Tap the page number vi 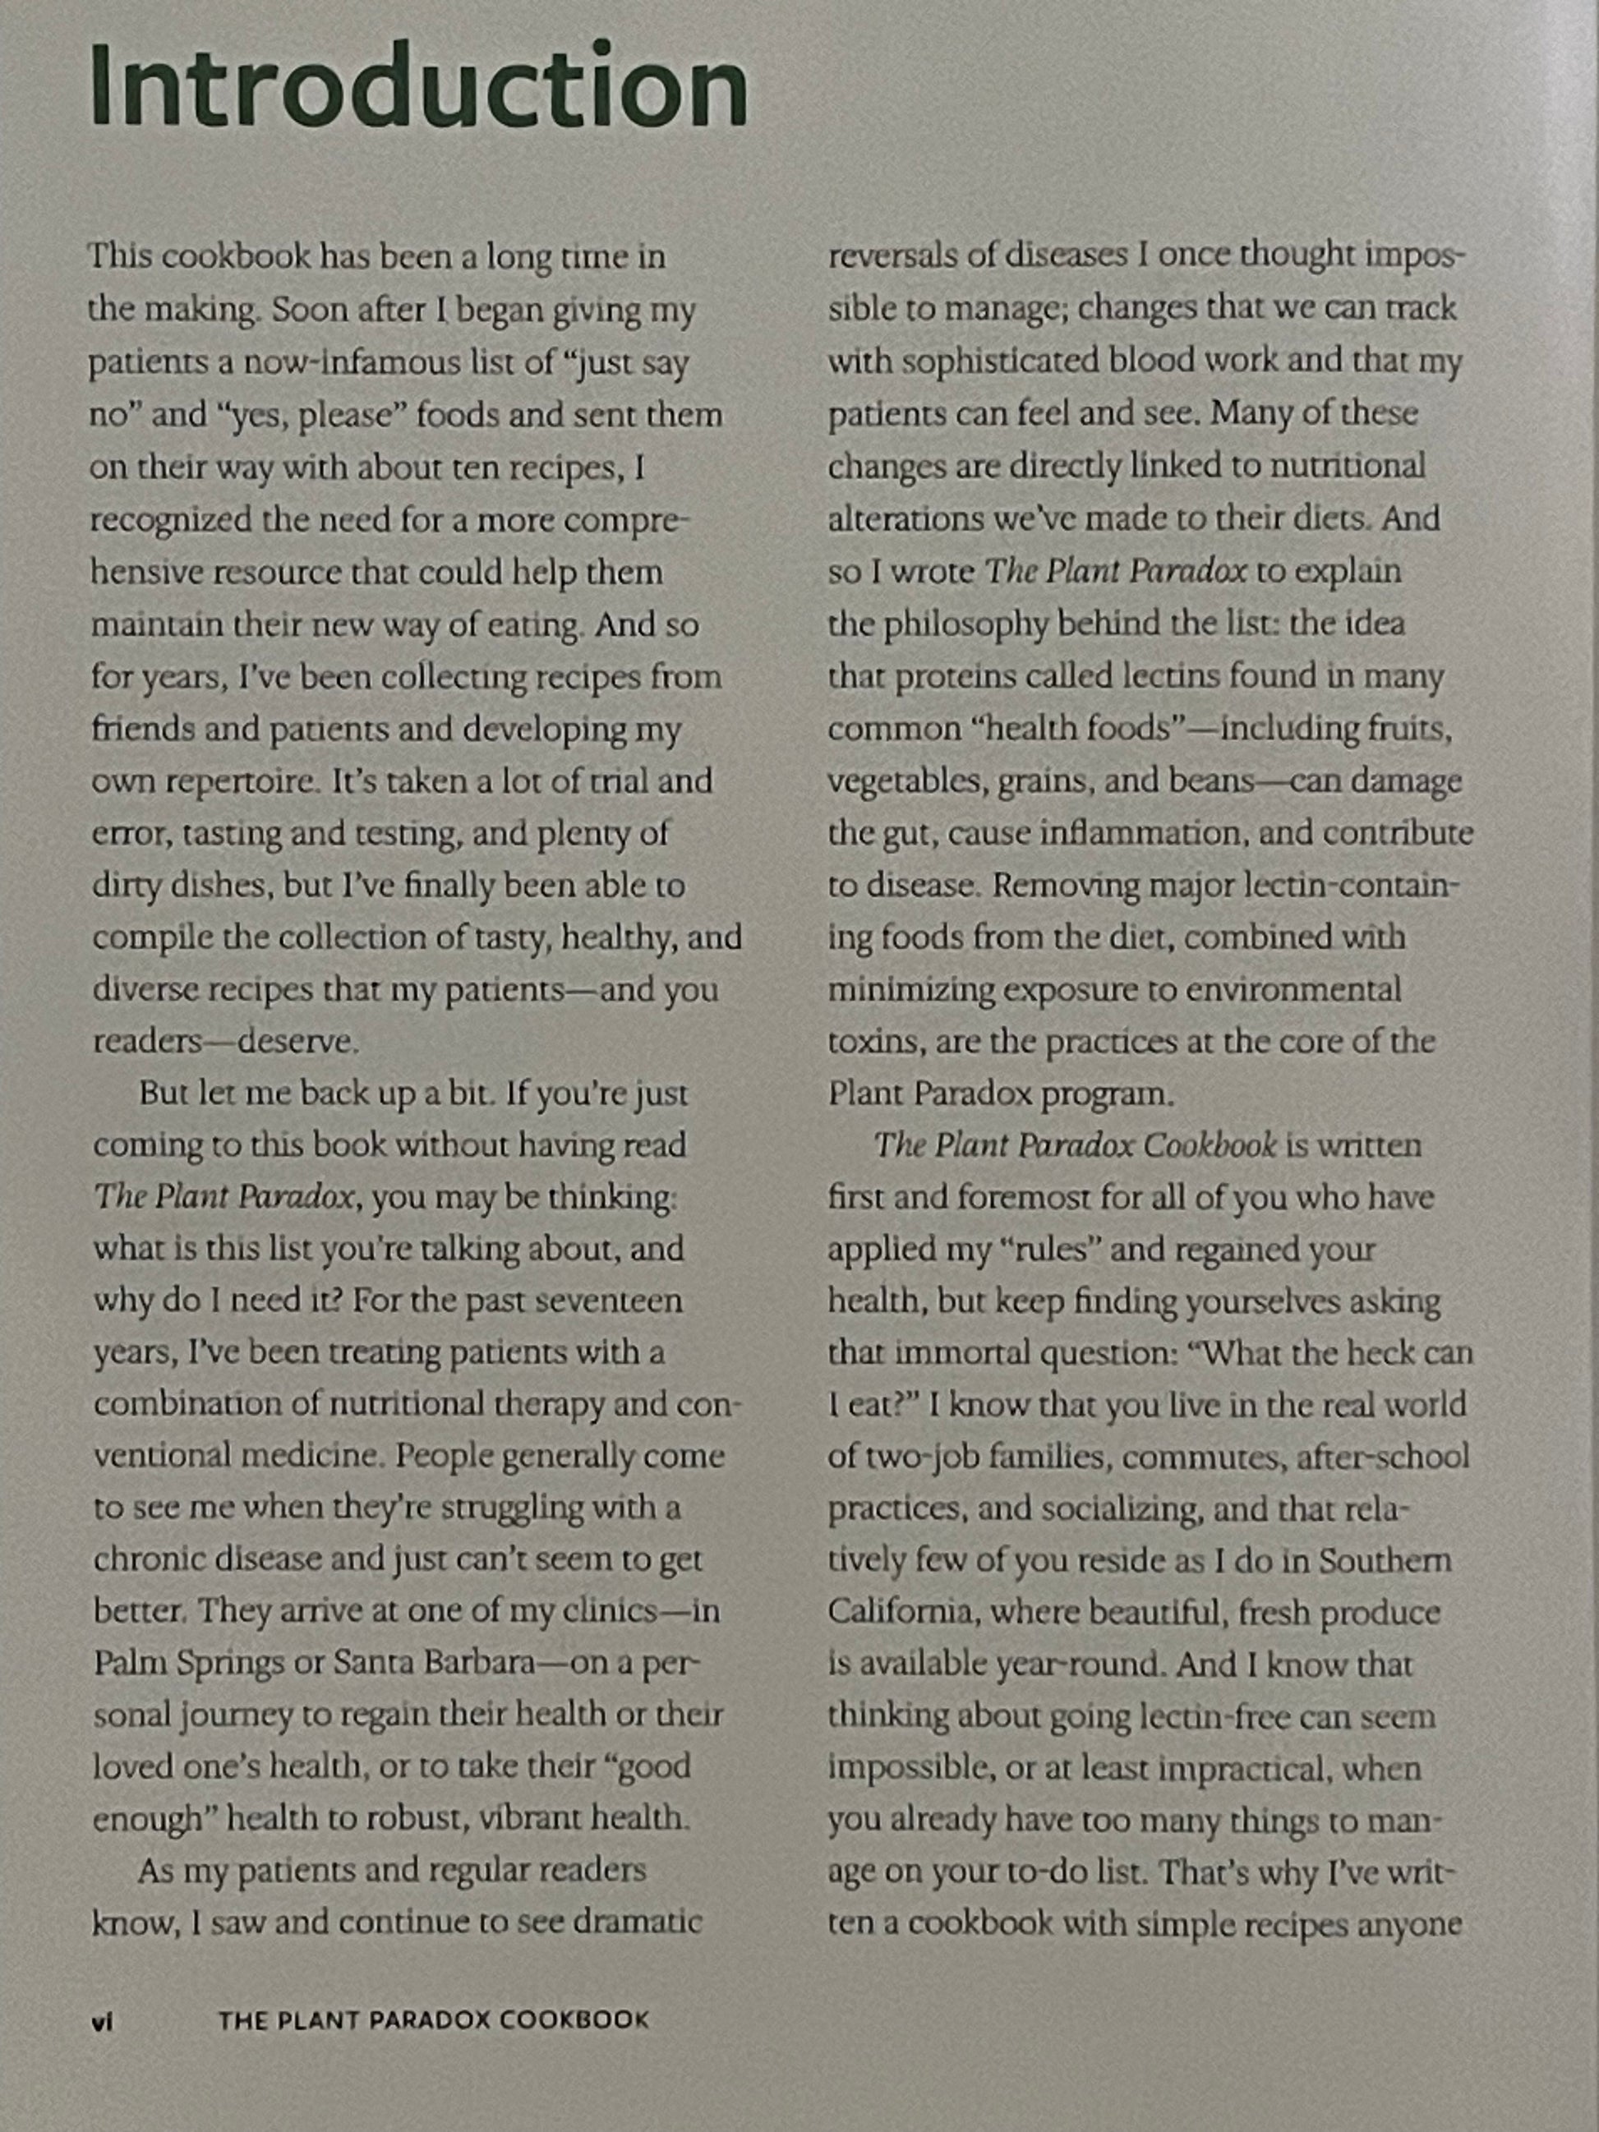[x=102, y=2021]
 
